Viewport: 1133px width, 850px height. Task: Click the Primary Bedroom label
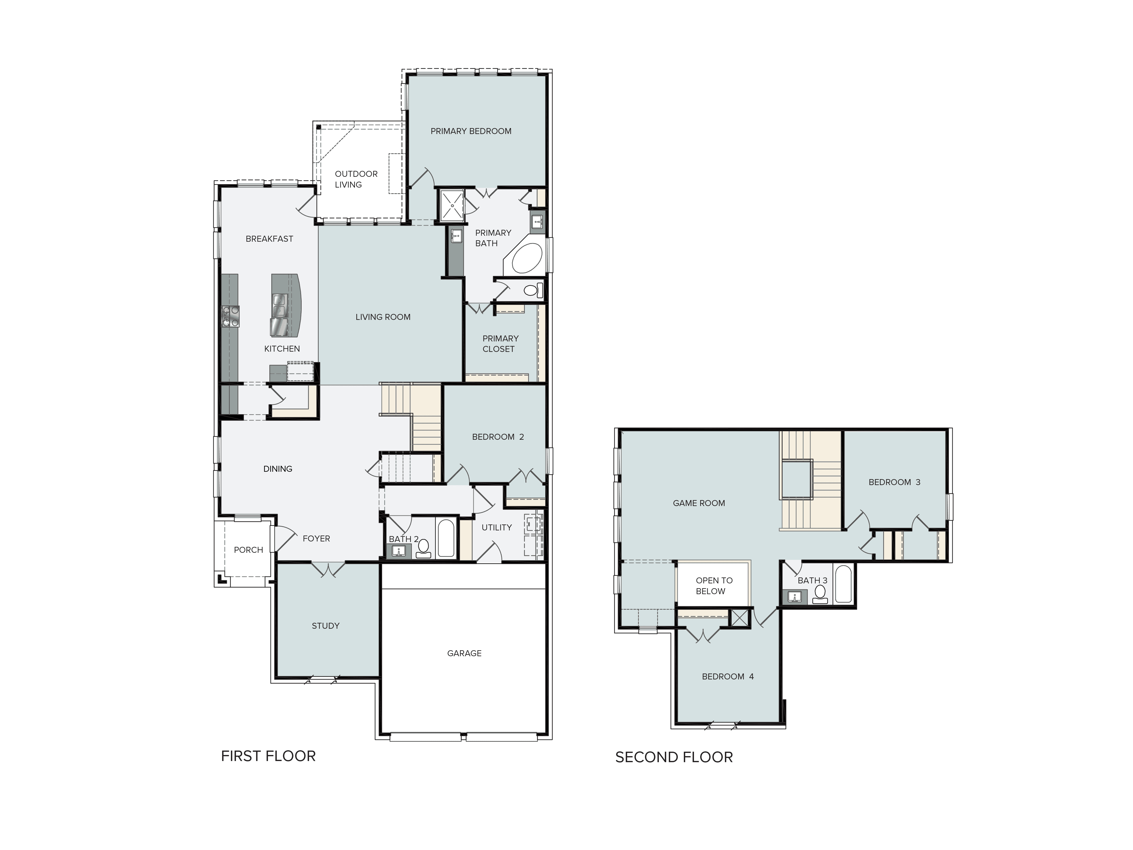(471, 131)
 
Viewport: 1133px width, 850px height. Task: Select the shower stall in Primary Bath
(452, 205)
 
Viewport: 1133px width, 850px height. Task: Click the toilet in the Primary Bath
(533, 290)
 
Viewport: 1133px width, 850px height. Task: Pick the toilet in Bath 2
(423, 548)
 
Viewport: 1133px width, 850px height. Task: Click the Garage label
(464, 653)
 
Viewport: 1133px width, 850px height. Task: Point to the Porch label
(248, 550)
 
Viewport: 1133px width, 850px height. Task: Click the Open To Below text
(714, 586)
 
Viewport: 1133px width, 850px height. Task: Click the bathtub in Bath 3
(843, 584)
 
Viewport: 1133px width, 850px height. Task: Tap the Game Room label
(699, 503)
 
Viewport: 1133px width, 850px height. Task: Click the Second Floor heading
(674, 757)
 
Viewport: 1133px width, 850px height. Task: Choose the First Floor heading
(268, 756)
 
